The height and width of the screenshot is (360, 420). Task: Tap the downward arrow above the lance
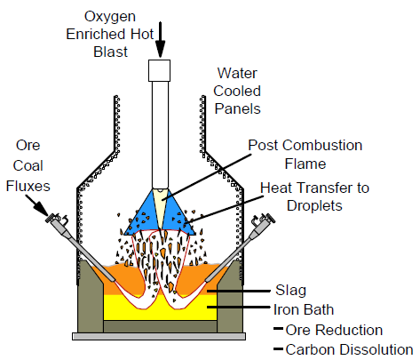click(x=160, y=36)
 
